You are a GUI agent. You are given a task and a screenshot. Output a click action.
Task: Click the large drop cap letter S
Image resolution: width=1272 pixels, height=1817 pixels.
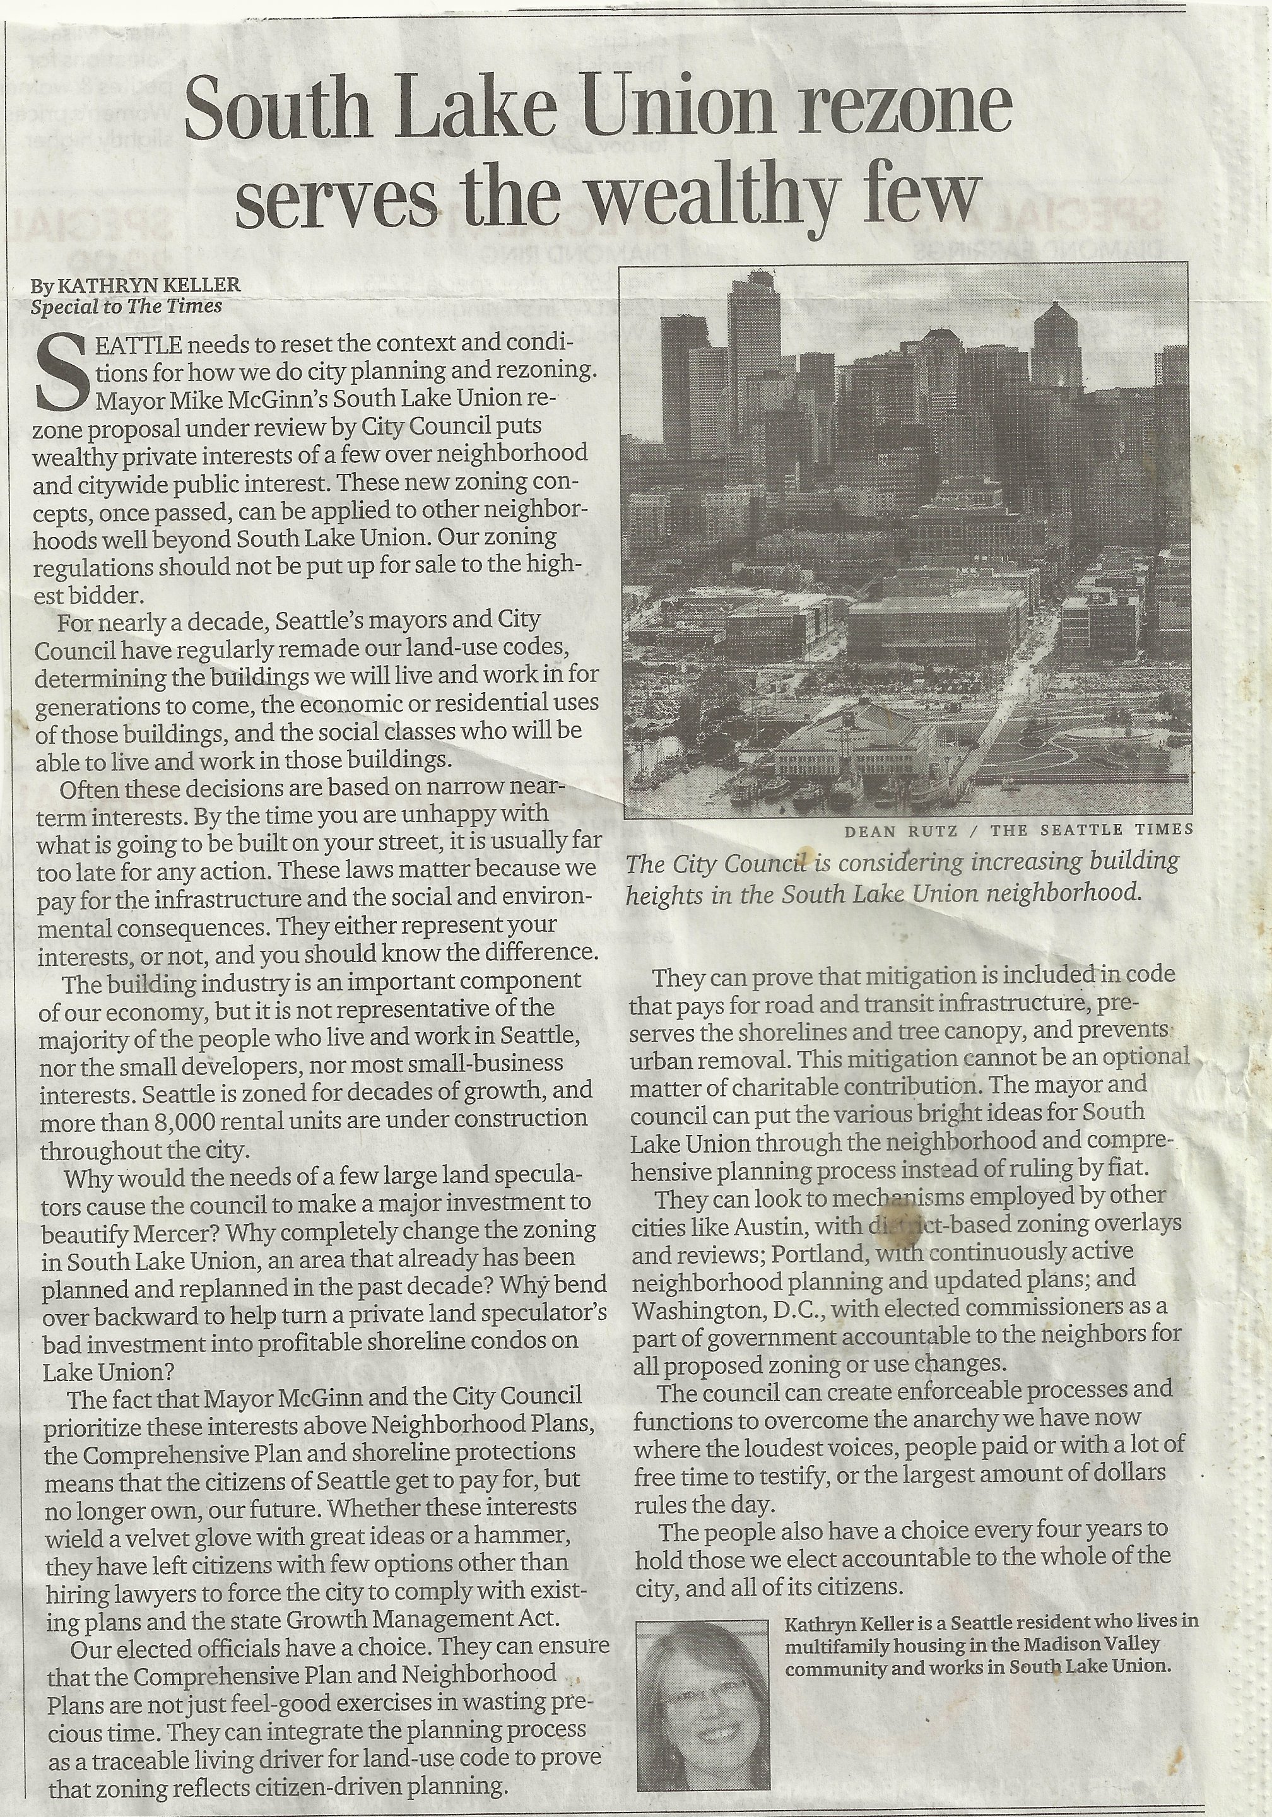(62, 373)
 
